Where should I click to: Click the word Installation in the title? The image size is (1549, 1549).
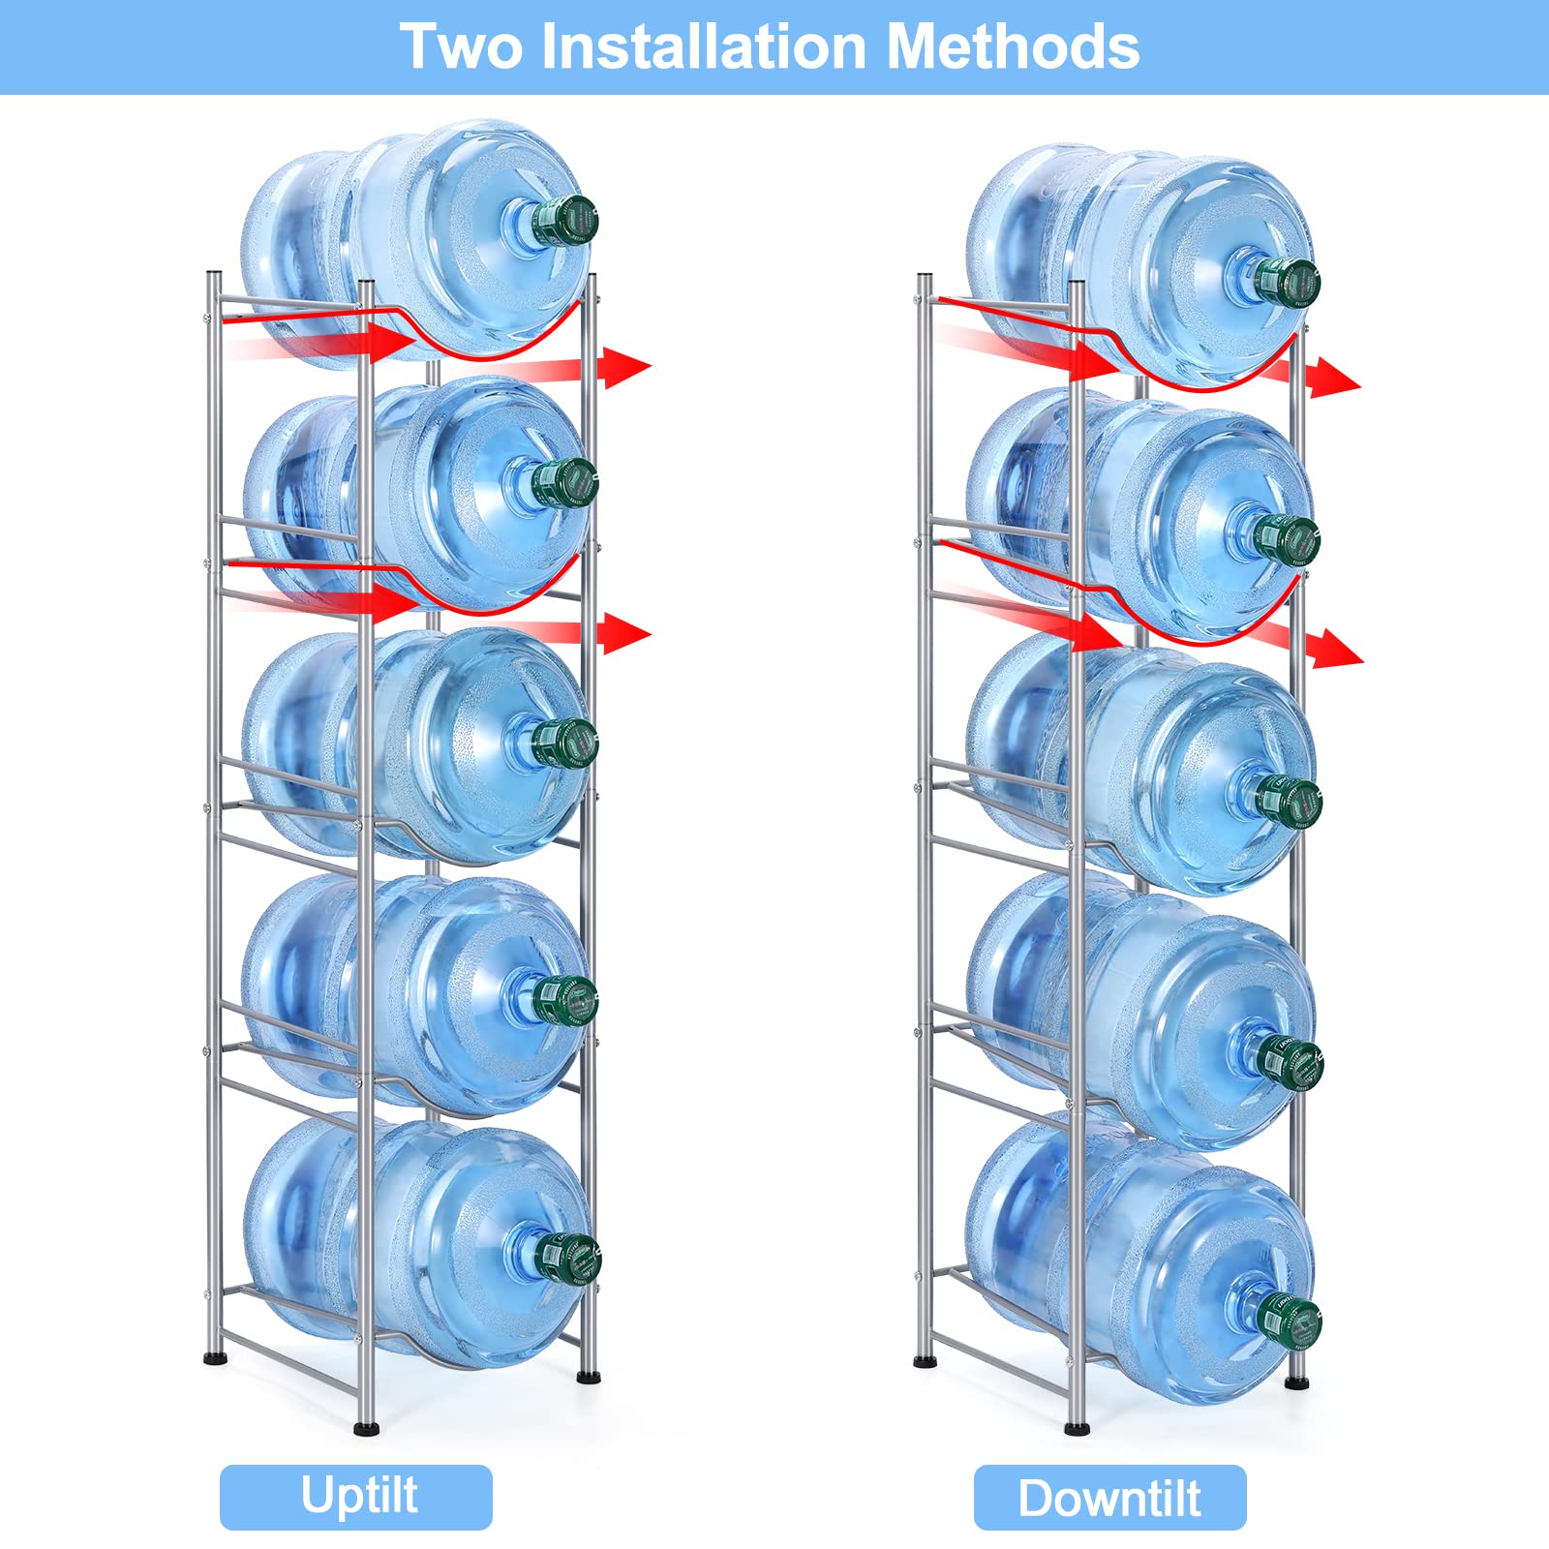click(x=704, y=46)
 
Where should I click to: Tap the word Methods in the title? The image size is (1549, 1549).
click(x=1013, y=46)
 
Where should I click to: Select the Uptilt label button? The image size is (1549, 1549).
click(x=356, y=1497)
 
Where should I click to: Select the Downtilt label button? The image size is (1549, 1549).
click(x=1109, y=1498)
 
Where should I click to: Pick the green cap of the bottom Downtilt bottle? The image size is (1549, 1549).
click(x=1291, y=1319)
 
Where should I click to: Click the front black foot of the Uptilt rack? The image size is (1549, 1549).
click(x=365, y=1425)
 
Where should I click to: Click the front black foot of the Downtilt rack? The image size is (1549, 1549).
click(x=1077, y=1426)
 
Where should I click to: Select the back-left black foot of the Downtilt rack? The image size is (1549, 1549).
click(x=926, y=1360)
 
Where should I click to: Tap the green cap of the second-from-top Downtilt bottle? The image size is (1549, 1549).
click(x=1290, y=538)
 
